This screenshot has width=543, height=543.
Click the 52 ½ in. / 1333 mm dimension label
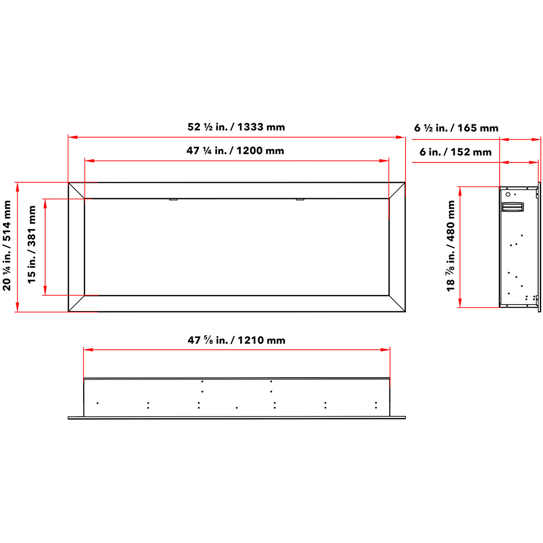pyautogui.click(x=236, y=127)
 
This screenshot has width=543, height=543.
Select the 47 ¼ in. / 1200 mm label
pyautogui.click(x=235, y=151)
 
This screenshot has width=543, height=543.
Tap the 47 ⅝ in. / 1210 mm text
pyautogui.click(x=236, y=340)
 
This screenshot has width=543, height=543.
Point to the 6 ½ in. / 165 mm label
pyautogui.click(x=456, y=128)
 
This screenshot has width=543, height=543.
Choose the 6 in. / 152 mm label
pyautogui.click(x=456, y=152)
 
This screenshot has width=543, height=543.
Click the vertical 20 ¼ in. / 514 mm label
pyautogui.click(x=6, y=245)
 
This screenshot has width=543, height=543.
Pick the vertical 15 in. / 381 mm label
pyautogui.click(x=32, y=244)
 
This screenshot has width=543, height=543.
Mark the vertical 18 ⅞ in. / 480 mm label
pyautogui.click(x=451, y=246)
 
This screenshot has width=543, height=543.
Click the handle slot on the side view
pyautogui.click(x=513, y=207)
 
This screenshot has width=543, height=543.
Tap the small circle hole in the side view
pyautogui.click(x=508, y=195)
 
